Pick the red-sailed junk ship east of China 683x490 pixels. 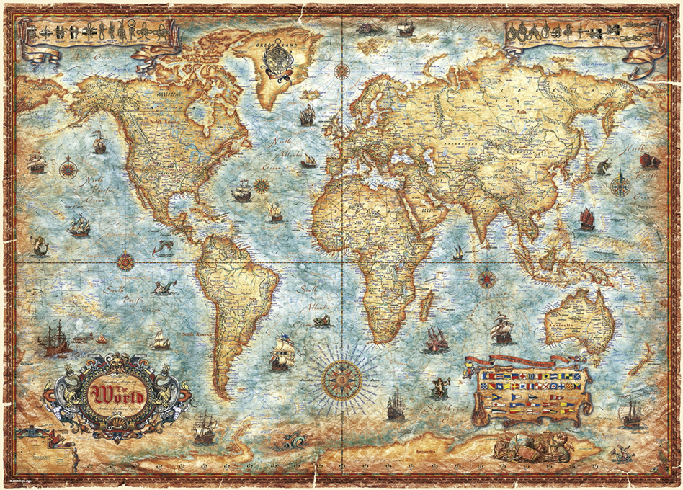pos(587,218)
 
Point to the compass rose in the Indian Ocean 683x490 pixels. pos(487,277)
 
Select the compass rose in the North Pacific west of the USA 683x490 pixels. pos(68,169)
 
